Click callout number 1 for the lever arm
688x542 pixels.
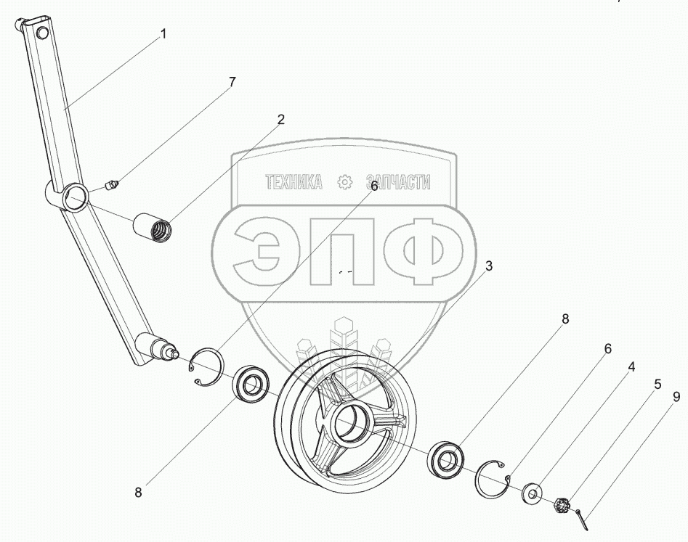163,33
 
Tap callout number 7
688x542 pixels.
232,82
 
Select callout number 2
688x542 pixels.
280,120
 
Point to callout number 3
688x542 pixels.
489,266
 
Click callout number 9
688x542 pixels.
676,396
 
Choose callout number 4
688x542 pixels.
631,367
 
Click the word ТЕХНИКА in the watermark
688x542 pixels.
294,182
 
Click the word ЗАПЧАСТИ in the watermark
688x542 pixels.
398,182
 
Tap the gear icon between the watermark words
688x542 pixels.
345,182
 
